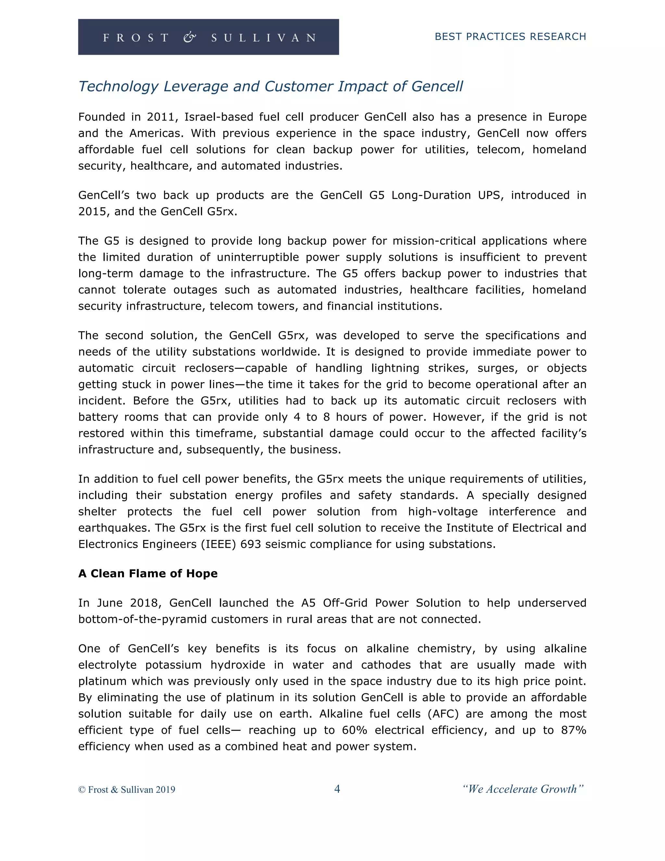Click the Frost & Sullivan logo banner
[x=208, y=37]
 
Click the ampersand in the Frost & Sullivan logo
[x=190, y=37]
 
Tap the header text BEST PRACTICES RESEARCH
[x=510, y=37]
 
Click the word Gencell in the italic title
[x=437, y=86]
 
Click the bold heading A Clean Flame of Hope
[x=148, y=573]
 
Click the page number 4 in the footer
[x=337, y=789]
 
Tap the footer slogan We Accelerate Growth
[x=522, y=789]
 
